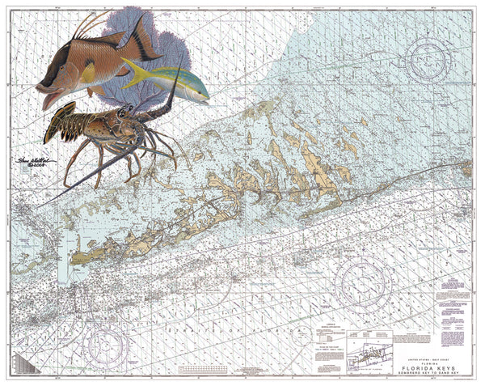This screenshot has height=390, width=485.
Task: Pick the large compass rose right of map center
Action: pos(363,282)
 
